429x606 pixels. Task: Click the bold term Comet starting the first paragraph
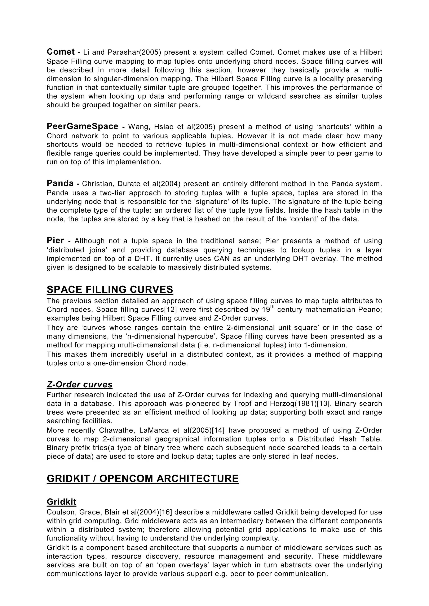[x=61, y=52]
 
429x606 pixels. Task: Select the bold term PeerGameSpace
[x=82, y=126]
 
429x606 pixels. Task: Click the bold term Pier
[x=55, y=240]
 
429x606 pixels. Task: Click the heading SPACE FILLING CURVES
[x=110, y=290]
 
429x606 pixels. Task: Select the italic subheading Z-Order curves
[x=80, y=385]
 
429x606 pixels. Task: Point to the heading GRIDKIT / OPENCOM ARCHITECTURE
[x=143, y=479]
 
